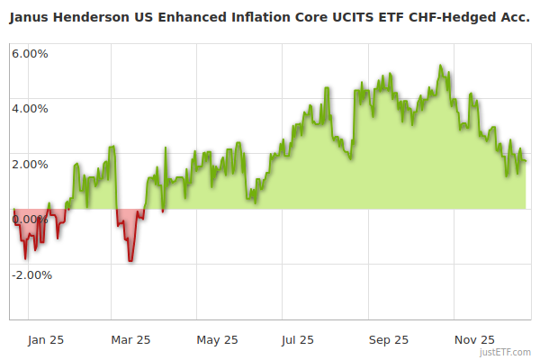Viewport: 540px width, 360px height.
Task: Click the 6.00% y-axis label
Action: tap(30, 53)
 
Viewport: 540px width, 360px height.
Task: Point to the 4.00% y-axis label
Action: tap(30, 109)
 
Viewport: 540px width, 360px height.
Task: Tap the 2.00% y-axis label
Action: tap(30, 164)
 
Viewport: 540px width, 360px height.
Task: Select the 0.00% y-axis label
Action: tap(30, 220)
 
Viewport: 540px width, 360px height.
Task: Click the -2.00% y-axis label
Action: tap(31, 274)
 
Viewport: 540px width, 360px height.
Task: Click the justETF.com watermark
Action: tap(506, 353)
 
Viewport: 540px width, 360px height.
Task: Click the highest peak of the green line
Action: tap(440, 66)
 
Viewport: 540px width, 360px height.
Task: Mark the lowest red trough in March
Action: tap(131, 261)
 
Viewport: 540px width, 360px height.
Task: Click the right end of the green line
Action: tap(526, 162)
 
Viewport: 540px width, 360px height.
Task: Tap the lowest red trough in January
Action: tap(26, 258)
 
